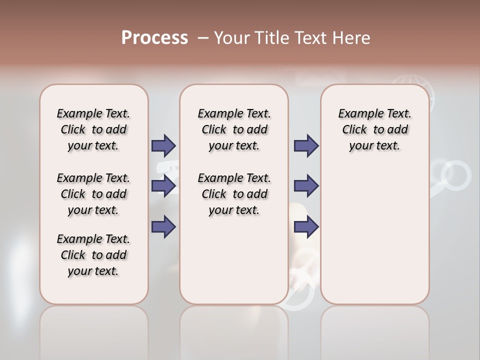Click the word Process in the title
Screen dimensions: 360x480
click(154, 38)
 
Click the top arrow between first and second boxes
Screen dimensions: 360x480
click(163, 145)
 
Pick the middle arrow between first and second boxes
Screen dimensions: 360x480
click(163, 186)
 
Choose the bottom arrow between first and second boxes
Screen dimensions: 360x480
click(163, 227)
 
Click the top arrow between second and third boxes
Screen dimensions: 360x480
click(306, 145)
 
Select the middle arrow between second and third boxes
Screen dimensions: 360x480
click(306, 186)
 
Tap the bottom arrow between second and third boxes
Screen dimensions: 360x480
click(306, 227)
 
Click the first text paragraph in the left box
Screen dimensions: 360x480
click(93, 129)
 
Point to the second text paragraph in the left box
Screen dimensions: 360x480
click(93, 194)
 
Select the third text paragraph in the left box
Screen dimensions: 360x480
click(93, 255)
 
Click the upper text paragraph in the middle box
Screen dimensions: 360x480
click(234, 129)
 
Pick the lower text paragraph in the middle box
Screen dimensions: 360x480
click(234, 194)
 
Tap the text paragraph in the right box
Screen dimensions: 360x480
click(374, 129)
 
